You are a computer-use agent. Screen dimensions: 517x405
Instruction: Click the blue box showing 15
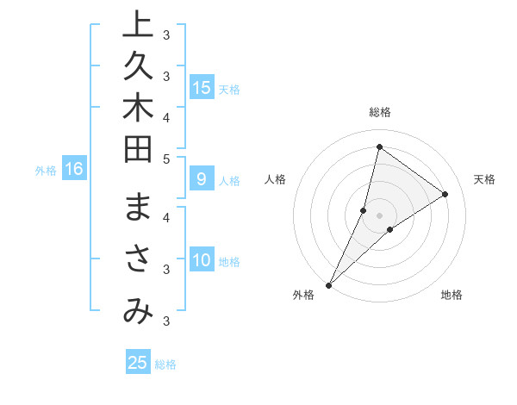[x=202, y=87]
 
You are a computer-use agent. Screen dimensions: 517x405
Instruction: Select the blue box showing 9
[x=202, y=179]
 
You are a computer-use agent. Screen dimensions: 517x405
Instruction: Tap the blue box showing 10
[x=202, y=260]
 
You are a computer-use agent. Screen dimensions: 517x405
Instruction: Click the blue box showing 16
[x=73, y=169]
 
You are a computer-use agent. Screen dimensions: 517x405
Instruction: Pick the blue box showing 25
[x=138, y=363]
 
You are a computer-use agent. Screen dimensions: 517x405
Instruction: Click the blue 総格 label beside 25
[x=165, y=364]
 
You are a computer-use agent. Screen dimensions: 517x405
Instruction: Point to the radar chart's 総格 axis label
[x=379, y=112]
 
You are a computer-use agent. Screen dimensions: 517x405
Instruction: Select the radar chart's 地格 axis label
[x=452, y=295]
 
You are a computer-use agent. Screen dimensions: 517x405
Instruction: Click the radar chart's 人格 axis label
[x=275, y=179]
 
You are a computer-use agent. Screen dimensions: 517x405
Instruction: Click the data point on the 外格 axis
[x=328, y=284]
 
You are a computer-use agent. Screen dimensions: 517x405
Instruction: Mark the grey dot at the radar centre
[x=379, y=215]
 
